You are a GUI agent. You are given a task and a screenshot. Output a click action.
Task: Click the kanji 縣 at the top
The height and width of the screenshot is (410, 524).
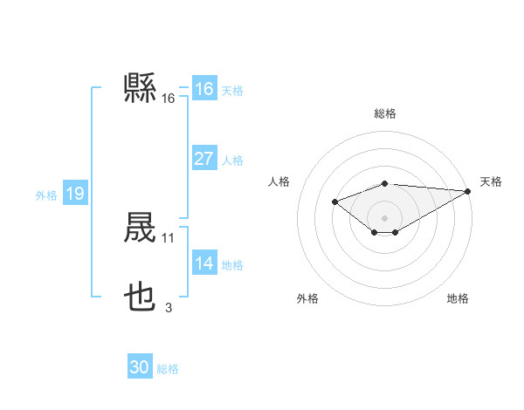pyautogui.click(x=141, y=88)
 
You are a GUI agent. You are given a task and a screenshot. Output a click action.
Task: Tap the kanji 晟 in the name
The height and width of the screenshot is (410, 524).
pyautogui.click(x=141, y=229)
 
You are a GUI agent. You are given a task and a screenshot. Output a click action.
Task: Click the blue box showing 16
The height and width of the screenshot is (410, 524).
pyautogui.click(x=203, y=89)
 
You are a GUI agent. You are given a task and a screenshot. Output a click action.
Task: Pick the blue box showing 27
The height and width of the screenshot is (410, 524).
pyautogui.click(x=203, y=159)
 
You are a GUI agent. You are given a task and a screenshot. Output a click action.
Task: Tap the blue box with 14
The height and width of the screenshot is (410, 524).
pyautogui.click(x=203, y=263)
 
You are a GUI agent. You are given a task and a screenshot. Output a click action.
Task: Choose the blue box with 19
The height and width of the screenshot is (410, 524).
pyautogui.click(x=74, y=194)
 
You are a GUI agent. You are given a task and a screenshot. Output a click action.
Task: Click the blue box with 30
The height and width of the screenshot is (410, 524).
pyautogui.click(x=140, y=367)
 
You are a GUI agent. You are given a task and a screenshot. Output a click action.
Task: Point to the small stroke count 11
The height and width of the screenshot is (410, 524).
pyautogui.click(x=169, y=237)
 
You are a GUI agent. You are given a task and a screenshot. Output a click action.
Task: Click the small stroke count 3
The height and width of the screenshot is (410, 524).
pyautogui.click(x=169, y=307)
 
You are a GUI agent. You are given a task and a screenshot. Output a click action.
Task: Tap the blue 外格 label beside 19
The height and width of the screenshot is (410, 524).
pyautogui.click(x=46, y=195)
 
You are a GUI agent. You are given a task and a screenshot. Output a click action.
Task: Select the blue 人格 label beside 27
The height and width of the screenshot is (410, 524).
pyautogui.click(x=232, y=161)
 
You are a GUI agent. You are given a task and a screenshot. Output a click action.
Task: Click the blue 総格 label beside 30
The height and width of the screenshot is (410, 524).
pyautogui.click(x=168, y=369)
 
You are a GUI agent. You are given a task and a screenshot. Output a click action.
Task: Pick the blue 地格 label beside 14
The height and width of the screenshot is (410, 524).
pyautogui.click(x=232, y=265)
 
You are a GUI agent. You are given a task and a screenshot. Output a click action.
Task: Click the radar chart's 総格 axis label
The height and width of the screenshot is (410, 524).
pyautogui.click(x=385, y=113)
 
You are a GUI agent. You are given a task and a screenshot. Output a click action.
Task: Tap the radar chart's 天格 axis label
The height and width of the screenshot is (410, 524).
pyautogui.click(x=491, y=181)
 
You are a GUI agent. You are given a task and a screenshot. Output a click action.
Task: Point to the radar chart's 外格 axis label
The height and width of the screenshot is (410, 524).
pyautogui.click(x=307, y=298)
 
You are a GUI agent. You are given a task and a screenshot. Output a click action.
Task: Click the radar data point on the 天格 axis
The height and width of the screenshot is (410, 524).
pyautogui.click(x=469, y=191)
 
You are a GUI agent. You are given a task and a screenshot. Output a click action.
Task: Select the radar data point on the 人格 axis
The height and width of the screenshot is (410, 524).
pyautogui.click(x=334, y=202)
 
